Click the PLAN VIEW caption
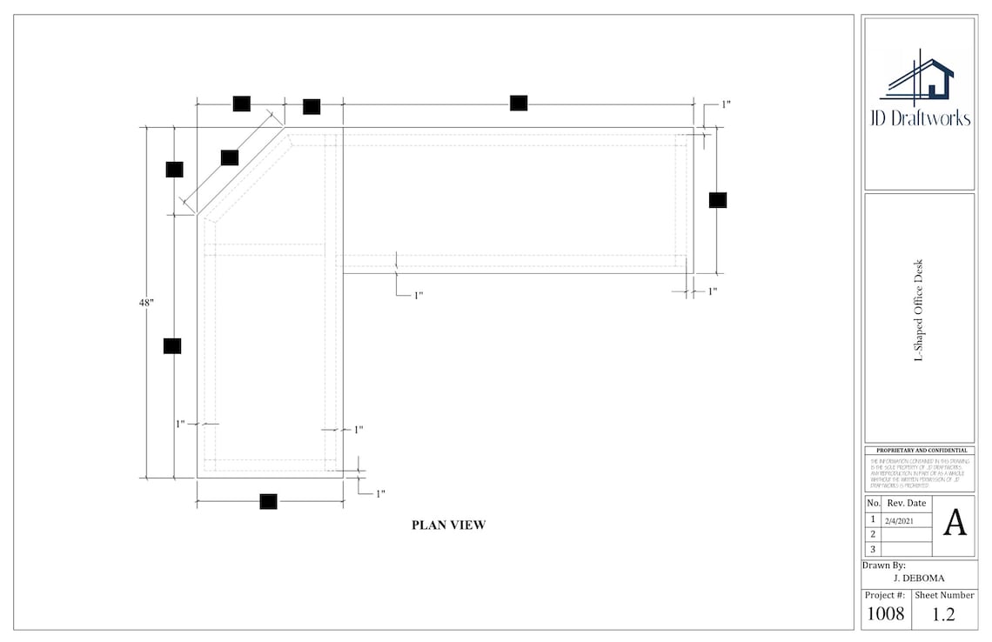[448, 525]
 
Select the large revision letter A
[955, 523]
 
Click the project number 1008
[886, 613]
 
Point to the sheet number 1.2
[943, 613]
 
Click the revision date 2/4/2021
[898, 520]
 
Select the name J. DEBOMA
[919, 578]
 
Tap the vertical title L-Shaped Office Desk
[918, 310]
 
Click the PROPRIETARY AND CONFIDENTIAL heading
[919, 450]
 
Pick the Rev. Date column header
[907, 503]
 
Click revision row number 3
[873, 549]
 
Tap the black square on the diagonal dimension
[230, 157]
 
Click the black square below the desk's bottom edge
[268, 501]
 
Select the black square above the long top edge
[519, 103]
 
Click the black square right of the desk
[717, 200]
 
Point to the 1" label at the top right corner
[726, 104]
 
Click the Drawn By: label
[883, 565]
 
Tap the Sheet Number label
[943, 595]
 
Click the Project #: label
[885, 595]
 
